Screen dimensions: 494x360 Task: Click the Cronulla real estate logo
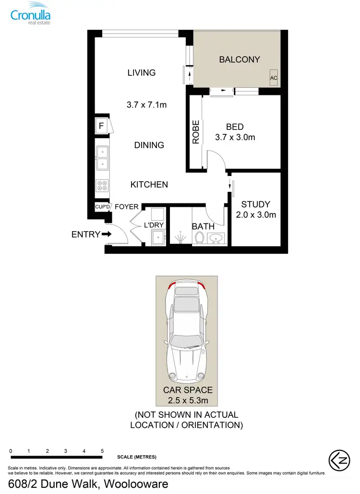pos(31,13)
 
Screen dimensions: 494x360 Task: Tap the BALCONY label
pos(240,59)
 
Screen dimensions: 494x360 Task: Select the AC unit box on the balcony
pos(274,78)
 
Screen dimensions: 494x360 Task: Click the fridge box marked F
pos(102,127)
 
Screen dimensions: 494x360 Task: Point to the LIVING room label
pos(142,73)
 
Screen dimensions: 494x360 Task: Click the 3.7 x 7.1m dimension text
pos(147,105)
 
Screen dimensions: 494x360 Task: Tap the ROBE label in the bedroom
pos(196,132)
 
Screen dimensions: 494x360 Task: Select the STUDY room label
pos(255,204)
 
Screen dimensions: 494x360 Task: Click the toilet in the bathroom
pos(200,237)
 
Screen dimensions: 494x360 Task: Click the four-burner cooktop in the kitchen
pos(102,186)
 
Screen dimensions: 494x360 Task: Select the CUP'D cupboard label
pos(103,207)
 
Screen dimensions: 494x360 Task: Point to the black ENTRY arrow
pos(107,235)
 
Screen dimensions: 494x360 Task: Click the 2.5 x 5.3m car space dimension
pos(188,400)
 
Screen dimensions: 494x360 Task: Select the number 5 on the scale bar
pos(102,451)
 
